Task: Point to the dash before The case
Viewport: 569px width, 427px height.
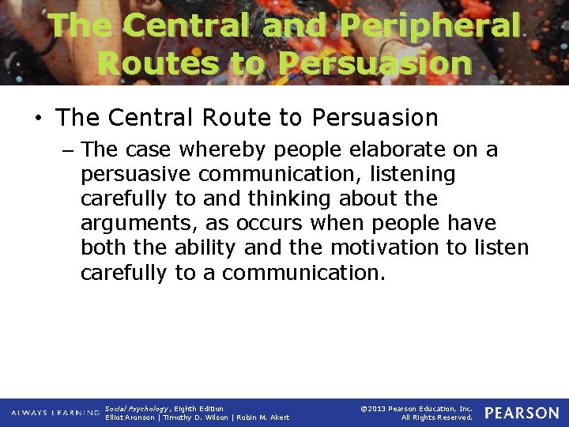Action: [x=70, y=149]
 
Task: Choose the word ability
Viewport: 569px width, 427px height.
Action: [x=205, y=248]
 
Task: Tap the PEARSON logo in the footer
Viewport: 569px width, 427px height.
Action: [x=522, y=413]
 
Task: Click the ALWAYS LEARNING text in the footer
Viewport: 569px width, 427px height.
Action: [x=55, y=413]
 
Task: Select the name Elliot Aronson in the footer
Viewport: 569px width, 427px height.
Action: [x=130, y=418]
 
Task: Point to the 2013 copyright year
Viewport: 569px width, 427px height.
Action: [x=378, y=409]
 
